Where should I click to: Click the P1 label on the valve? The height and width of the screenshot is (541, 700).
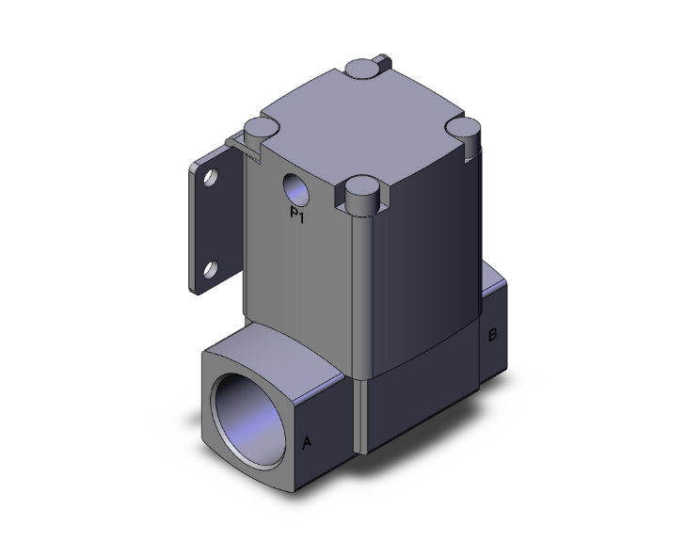coord(297,217)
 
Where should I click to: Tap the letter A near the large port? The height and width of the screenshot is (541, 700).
coord(306,440)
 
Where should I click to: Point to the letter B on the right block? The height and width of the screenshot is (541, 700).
coord(492,334)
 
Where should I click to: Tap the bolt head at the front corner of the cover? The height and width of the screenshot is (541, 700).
coord(361,192)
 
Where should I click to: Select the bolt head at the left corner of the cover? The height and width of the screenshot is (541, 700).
coord(258,128)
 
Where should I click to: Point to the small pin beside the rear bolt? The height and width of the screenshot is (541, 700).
coord(381,62)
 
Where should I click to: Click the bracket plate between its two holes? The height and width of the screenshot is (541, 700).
coord(208,226)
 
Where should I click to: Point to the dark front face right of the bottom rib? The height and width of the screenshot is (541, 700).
coord(414,395)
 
